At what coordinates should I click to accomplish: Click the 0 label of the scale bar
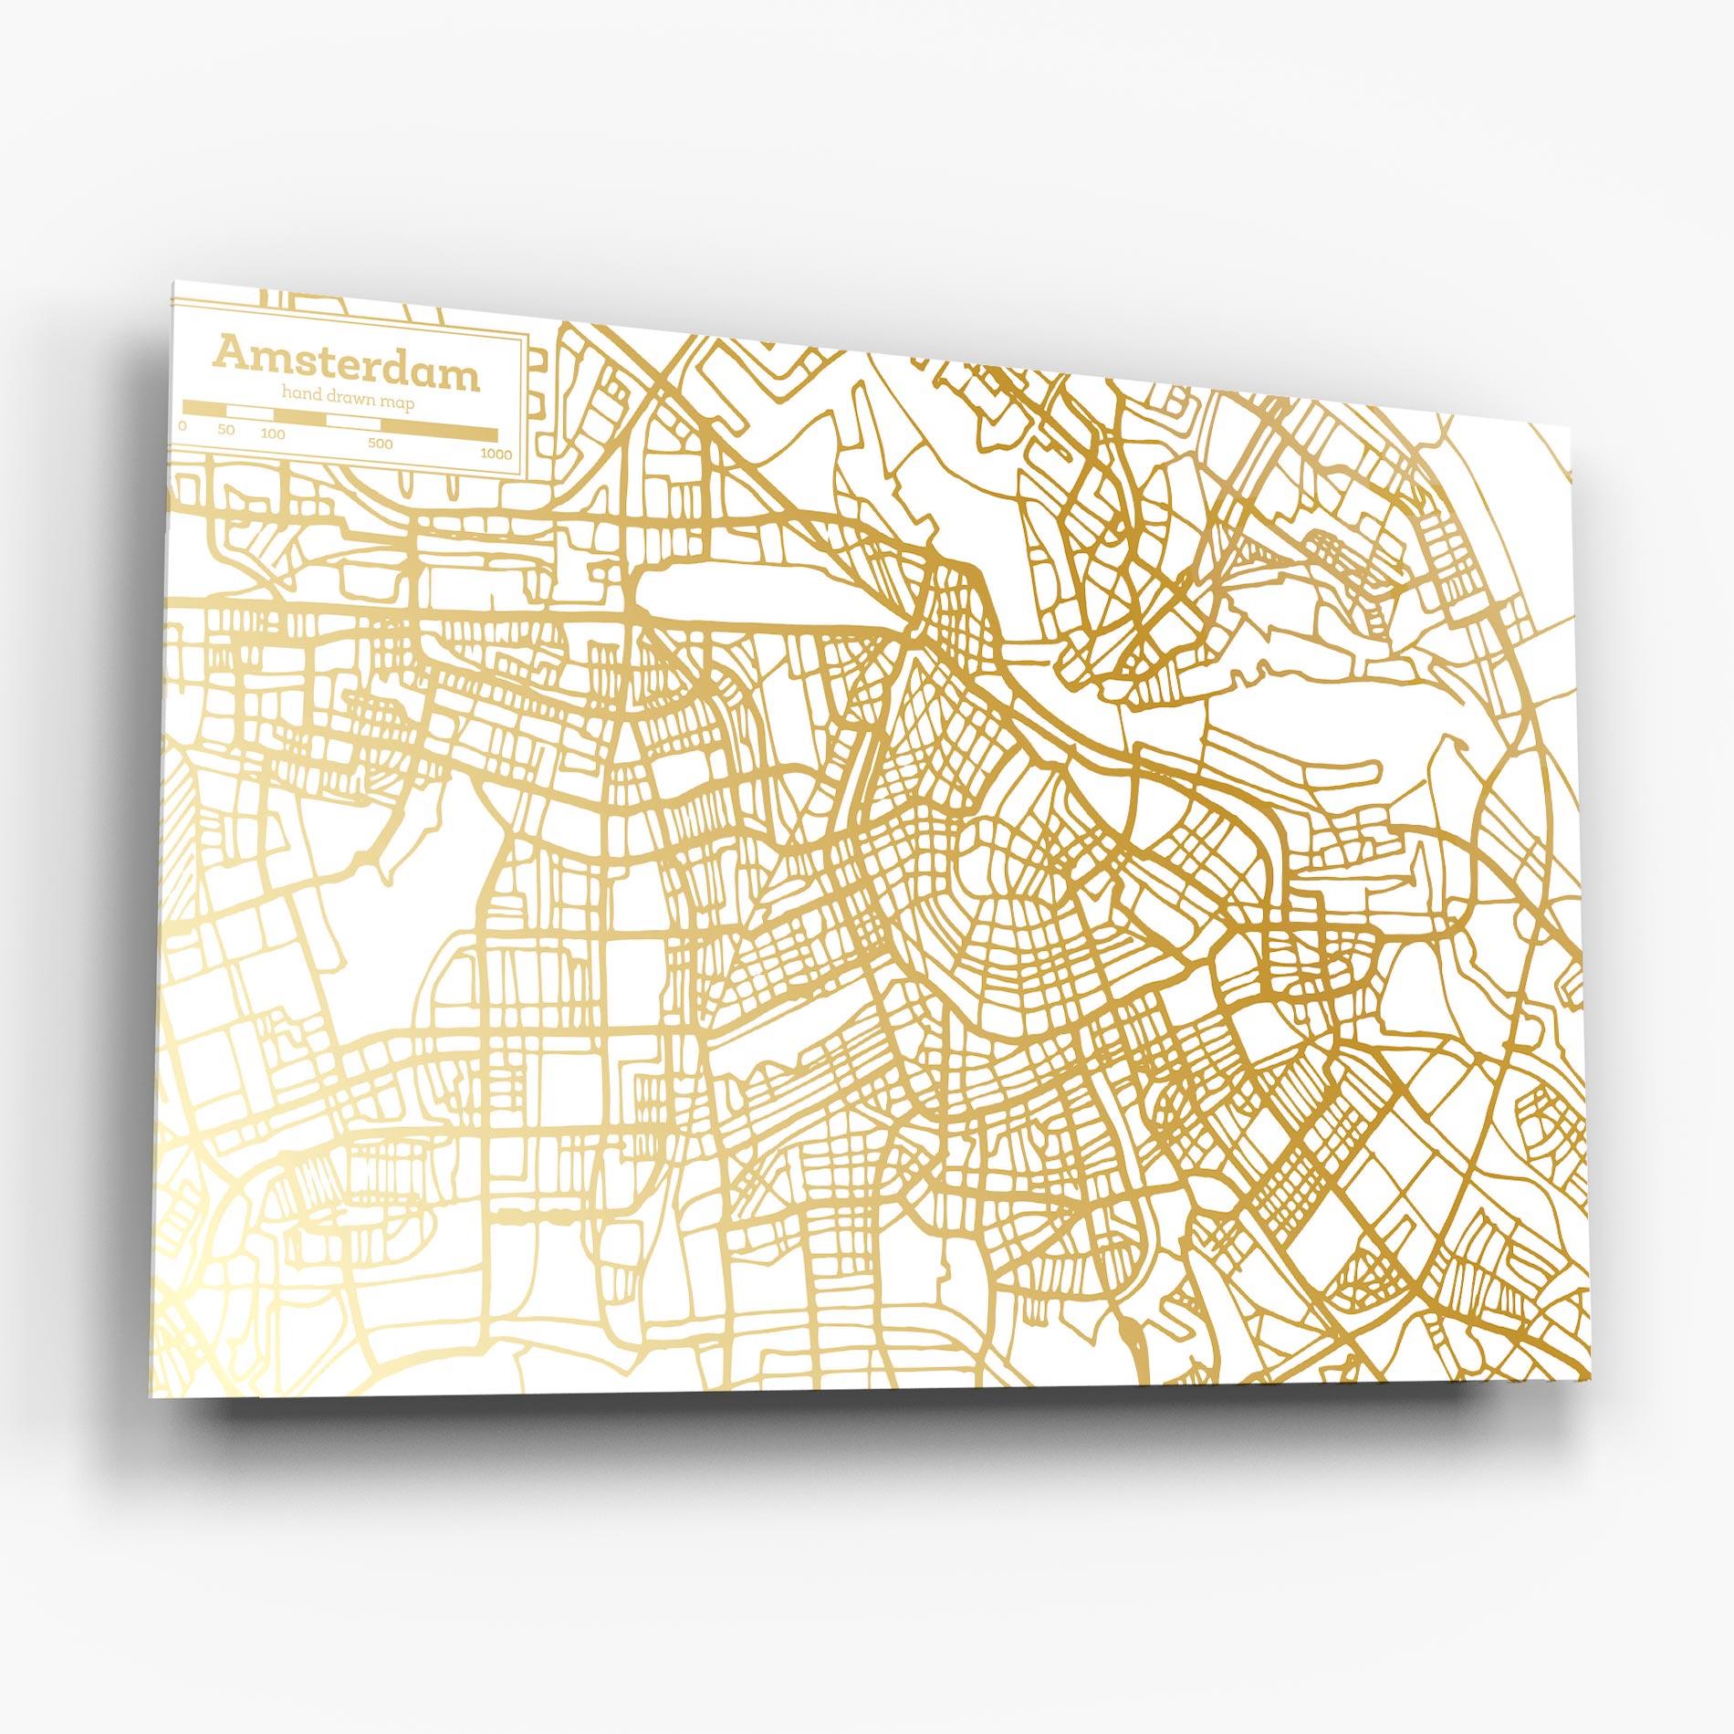[184, 425]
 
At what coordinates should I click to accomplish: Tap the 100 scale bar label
[273, 433]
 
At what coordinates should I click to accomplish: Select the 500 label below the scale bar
[381, 444]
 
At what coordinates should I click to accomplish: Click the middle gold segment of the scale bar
[300, 416]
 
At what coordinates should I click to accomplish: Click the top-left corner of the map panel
[173, 282]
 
